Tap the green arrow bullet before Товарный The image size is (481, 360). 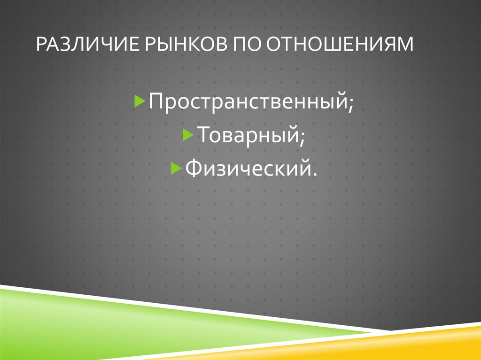[186, 135]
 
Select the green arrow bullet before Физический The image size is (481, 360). [175, 168]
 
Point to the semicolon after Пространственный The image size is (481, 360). [351, 105]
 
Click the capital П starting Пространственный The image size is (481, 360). [156, 102]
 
